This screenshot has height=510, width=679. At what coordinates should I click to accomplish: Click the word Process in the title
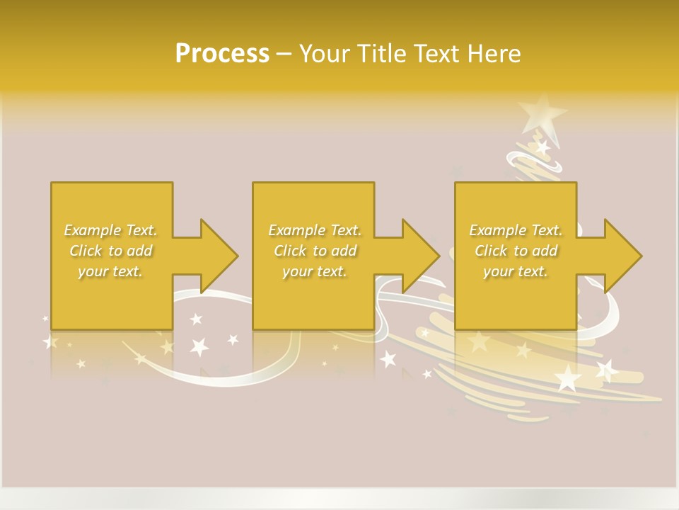[x=222, y=54]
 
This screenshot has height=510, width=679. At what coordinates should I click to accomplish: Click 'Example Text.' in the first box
[x=111, y=230]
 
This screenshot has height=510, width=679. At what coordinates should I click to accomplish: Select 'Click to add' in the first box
[x=111, y=251]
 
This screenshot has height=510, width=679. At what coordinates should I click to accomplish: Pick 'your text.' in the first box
[x=111, y=271]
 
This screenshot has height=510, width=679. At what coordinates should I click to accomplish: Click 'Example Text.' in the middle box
[x=315, y=230]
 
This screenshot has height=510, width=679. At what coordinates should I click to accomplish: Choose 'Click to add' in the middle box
[x=315, y=251]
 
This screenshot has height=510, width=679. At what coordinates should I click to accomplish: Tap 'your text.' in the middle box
[x=315, y=271]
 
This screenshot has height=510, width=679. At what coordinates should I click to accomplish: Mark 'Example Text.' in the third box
[x=516, y=230]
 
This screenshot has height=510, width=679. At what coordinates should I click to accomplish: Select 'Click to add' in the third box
[x=516, y=251]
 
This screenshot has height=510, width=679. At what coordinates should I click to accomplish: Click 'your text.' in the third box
[x=516, y=271]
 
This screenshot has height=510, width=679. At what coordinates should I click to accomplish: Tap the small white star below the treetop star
[x=542, y=148]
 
